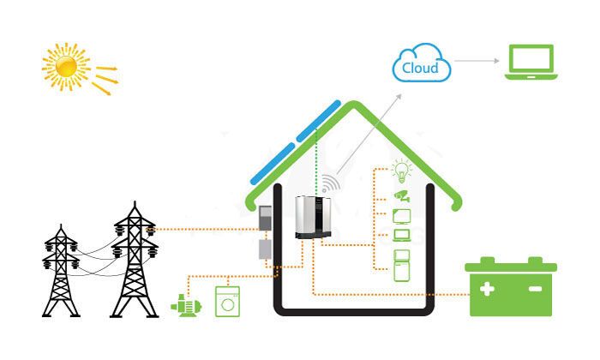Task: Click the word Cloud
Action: (x=420, y=68)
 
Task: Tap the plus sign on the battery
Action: (x=487, y=290)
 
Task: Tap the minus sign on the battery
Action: (x=535, y=290)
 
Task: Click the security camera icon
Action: (x=400, y=193)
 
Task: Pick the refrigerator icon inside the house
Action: (x=400, y=266)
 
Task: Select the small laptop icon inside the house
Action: (x=400, y=235)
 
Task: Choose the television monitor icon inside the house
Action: (x=400, y=214)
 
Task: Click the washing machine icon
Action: (x=226, y=303)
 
